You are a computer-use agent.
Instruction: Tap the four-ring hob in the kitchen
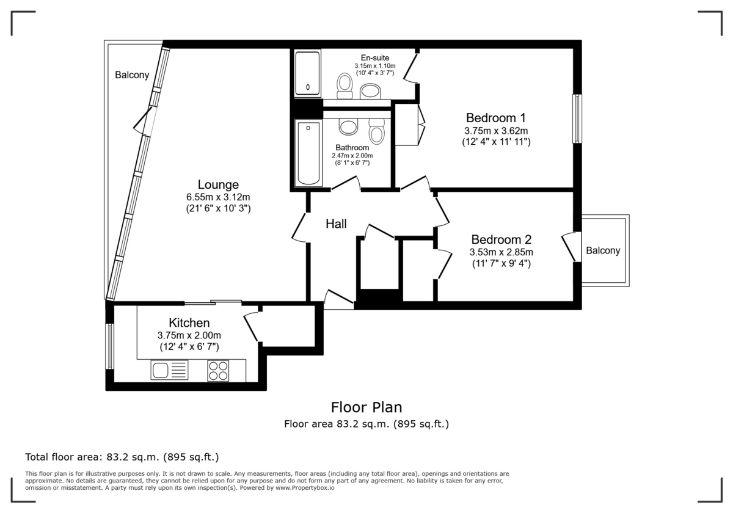(218, 371)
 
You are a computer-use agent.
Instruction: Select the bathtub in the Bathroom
(308, 153)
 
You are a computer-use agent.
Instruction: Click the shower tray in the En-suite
(308, 74)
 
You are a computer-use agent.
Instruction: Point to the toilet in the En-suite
(346, 85)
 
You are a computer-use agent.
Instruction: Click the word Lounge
(218, 184)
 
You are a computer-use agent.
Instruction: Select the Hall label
(336, 224)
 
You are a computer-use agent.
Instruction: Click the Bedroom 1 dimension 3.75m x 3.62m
(496, 130)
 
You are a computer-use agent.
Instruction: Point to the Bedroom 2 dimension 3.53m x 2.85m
(501, 252)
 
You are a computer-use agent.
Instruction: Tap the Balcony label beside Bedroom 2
(603, 250)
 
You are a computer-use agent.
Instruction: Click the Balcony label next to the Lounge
(131, 75)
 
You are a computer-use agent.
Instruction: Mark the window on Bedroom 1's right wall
(577, 118)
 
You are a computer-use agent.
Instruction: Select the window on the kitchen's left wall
(110, 346)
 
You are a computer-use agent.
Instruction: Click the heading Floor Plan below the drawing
(366, 407)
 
